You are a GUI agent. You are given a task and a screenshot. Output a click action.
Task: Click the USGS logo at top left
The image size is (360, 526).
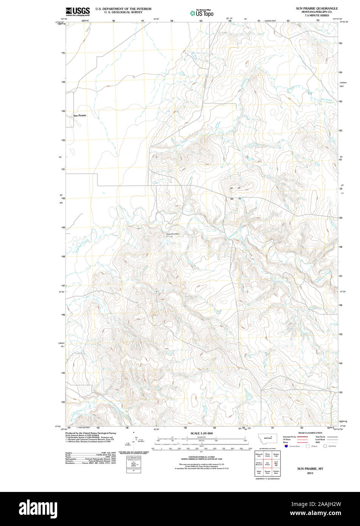coord(78,11)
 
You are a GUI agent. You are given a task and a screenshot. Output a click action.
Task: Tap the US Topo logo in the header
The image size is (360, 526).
coord(202,13)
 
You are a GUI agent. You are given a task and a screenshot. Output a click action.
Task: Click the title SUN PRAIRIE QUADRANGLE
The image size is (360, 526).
coord(317,8)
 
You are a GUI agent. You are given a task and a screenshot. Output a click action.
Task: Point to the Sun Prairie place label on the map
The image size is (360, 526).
coord(80,115)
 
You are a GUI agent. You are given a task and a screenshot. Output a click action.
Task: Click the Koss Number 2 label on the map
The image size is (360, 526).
coord(172,235)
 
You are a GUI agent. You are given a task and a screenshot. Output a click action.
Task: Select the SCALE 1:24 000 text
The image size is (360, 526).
coord(201,433)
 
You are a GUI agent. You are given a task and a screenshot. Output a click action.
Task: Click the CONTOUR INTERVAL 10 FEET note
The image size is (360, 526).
coord(201,457)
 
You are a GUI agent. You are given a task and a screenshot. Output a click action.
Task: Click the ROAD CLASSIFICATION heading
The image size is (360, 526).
coord(310,433)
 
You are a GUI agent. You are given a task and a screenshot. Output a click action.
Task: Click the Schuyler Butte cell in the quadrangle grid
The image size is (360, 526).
coord(276,472)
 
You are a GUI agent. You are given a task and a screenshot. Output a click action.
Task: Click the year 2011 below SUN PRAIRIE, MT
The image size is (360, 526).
coord(310,473)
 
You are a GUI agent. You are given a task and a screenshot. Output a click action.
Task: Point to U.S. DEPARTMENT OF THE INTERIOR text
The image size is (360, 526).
coord(123,8)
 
